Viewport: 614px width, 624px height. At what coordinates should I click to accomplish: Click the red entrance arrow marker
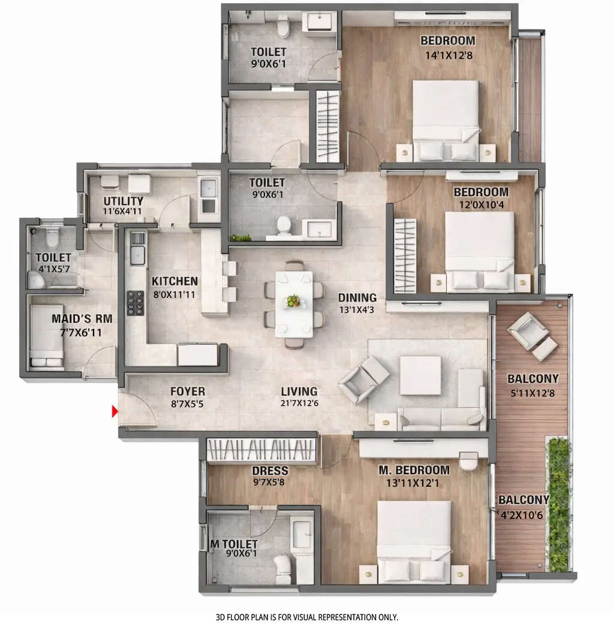pos(114,412)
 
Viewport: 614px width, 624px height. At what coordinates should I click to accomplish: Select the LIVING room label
pos(299,392)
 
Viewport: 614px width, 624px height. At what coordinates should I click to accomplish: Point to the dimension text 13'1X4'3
pos(357,311)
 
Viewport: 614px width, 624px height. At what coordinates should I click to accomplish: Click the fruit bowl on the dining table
pos(293,300)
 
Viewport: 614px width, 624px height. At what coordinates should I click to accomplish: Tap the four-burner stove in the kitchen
pos(136,302)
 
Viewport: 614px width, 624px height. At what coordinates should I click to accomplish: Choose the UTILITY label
pos(123,201)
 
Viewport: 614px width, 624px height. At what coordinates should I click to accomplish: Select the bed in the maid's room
pos(46,336)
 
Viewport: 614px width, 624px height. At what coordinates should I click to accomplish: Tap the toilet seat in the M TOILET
pos(282,565)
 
